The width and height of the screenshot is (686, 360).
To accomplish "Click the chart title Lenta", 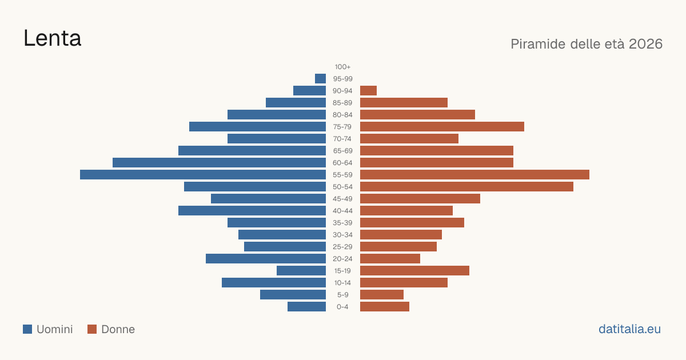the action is (x=53, y=38).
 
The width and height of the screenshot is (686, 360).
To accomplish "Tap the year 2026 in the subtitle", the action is (x=645, y=44).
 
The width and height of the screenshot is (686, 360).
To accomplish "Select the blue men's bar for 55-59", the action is (x=203, y=174).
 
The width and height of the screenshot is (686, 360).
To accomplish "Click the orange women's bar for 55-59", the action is (x=474, y=174).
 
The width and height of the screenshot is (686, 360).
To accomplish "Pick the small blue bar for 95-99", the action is (x=320, y=79).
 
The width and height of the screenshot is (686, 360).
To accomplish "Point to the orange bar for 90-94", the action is (x=368, y=91).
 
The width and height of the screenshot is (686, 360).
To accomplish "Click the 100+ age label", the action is (x=342, y=67).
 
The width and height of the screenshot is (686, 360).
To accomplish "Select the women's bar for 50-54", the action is (x=466, y=187).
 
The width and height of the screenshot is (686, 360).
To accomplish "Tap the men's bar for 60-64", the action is (x=220, y=162).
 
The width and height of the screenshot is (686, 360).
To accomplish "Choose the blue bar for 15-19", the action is (x=301, y=271).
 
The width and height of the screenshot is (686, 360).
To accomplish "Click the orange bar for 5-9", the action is (x=382, y=294).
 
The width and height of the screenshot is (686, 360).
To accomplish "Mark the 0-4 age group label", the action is (x=342, y=307).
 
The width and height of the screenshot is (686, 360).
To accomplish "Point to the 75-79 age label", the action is (x=342, y=127).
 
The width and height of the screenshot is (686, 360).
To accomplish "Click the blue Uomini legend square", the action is (x=27, y=329).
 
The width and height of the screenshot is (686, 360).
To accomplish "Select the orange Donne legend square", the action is (x=92, y=329).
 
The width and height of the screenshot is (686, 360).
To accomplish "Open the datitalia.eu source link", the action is (x=629, y=329).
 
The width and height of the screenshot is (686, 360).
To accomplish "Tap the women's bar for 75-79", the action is (x=442, y=127).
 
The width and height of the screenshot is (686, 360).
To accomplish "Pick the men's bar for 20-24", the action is (x=266, y=259).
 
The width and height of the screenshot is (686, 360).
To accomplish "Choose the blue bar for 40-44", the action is (x=252, y=211).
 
